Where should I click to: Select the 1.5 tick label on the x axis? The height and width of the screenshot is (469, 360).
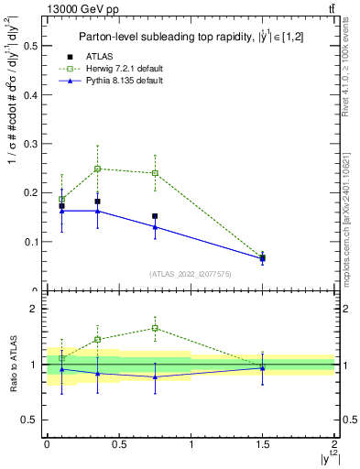click(263, 444)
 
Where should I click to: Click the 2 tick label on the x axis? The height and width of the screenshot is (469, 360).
click(334, 444)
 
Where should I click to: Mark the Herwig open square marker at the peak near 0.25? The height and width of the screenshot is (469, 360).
click(97, 169)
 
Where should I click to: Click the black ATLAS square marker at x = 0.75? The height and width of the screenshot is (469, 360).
click(155, 216)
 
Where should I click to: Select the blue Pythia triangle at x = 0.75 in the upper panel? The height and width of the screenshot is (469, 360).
click(155, 226)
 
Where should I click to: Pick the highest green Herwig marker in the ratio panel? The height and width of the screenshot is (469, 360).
click(155, 328)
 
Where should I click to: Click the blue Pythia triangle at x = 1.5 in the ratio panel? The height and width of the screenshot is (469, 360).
click(263, 368)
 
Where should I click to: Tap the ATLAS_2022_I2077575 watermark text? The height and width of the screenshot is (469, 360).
click(190, 274)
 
